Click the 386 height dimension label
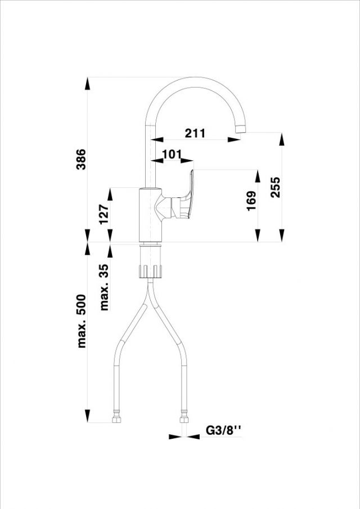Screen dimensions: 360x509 pos(81,159)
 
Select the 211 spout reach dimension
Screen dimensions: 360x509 pos(195,133)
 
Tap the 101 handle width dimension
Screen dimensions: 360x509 pos(172,154)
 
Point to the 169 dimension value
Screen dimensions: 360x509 pos(251,201)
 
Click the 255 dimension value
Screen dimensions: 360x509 pos(275,187)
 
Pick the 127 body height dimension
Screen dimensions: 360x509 pos(103,214)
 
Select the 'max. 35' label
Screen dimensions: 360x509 pos(104,287)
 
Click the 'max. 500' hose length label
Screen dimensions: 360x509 pos(81,321)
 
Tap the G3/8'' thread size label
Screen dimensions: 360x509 pos(224,430)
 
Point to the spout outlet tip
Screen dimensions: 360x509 pos(240,129)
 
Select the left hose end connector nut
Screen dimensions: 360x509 pos(116,420)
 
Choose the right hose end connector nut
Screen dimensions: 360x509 pos(184,420)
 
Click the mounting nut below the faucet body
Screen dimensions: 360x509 pos(150,271)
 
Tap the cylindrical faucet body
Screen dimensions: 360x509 pos(150,215)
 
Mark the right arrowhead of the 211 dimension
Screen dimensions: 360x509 pos(234,139)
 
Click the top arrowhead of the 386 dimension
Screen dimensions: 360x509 pos(87,83)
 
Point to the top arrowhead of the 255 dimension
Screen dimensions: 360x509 pos(282,139)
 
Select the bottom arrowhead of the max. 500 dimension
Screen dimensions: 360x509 pos(87,416)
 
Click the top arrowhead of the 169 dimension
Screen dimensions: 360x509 pos(258,176)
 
